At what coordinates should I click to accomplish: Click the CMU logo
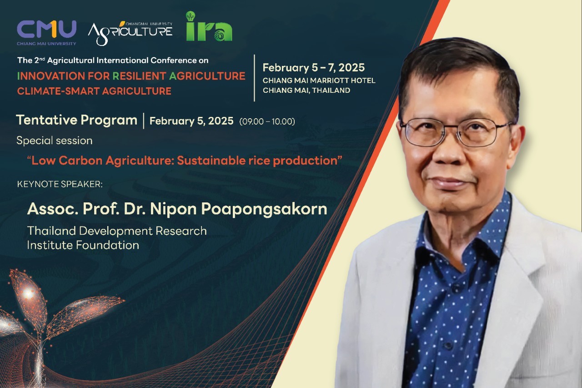tap(46, 32)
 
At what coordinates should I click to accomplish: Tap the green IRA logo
tap(209, 26)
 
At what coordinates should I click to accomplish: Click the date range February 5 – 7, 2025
tap(314, 68)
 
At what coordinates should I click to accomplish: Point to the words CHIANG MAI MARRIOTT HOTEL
tap(319, 81)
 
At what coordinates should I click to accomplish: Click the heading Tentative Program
tap(77, 121)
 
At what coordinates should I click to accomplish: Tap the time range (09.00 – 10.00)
tap(267, 121)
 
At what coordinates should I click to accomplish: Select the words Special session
tap(54, 141)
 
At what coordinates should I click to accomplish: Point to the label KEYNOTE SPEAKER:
tap(60, 184)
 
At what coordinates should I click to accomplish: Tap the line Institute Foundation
tap(83, 245)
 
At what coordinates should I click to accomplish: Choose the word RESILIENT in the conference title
tap(139, 76)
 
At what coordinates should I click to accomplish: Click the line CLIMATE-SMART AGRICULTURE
tap(94, 91)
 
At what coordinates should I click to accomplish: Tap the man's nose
tap(449, 153)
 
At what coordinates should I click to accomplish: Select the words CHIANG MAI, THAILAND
tap(306, 90)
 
